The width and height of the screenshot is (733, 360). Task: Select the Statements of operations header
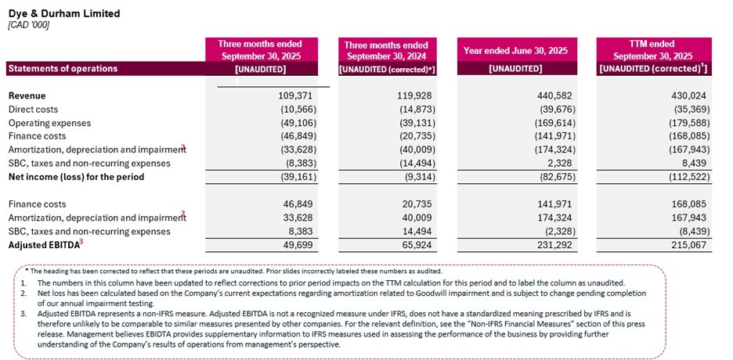(63, 69)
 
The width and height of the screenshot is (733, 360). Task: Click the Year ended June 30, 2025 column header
(510, 51)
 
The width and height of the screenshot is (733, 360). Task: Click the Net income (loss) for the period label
(76, 177)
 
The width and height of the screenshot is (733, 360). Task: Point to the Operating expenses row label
(49, 123)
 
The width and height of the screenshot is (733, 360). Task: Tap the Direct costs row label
(33, 110)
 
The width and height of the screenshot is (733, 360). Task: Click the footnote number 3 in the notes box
(24, 313)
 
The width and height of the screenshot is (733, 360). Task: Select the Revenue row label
(27, 95)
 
